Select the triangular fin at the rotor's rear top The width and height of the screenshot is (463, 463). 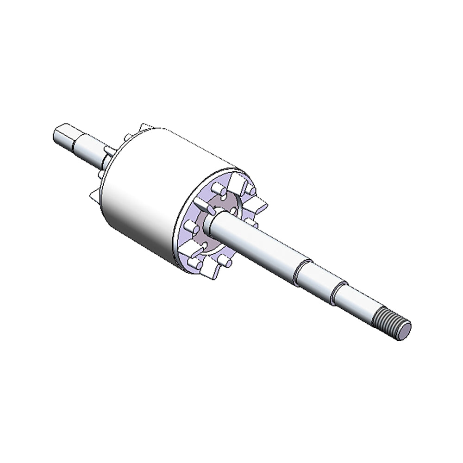pyautogui.click(x=147, y=126)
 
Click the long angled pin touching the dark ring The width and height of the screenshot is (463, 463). pyautogui.click(x=204, y=206)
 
